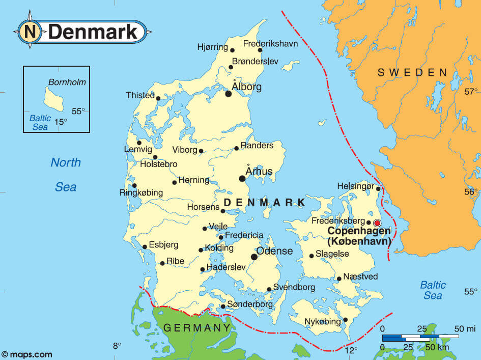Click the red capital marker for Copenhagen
point(377,223)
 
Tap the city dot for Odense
point(254,257)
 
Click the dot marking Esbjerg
point(145,247)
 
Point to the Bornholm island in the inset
point(53,98)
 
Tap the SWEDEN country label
point(412,72)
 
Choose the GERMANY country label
point(194,327)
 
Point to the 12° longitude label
point(351,350)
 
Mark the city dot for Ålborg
point(229,94)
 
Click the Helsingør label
point(355,186)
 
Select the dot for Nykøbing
point(346,320)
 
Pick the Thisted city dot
point(158,98)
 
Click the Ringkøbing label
point(141,193)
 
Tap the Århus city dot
point(242,178)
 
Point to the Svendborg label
point(295,287)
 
